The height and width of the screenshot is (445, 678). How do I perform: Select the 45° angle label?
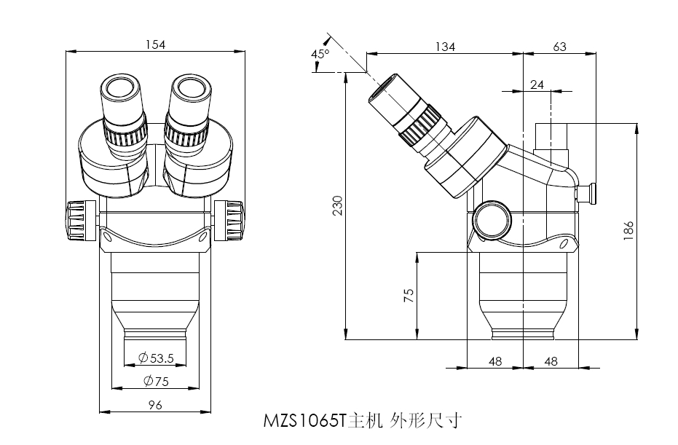click(320, 54)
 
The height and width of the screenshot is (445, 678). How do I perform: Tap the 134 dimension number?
click(445, 47)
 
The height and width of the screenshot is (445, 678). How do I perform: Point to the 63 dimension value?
click(559, 47)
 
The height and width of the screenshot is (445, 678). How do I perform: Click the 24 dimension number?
click(537, 85)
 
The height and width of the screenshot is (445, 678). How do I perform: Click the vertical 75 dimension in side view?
click(409, 295)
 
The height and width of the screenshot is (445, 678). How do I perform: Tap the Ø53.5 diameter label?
click(156, 358)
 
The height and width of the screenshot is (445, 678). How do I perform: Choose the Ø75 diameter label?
click(156, 380)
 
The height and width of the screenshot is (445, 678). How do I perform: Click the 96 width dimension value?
click(154, 404)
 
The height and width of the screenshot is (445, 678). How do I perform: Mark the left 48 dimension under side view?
click(495, 361)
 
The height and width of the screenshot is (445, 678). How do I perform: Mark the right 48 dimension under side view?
click(551, 361)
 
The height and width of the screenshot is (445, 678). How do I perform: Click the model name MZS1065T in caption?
click(304, 421)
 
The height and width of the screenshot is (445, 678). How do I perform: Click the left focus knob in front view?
click(76, 220)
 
